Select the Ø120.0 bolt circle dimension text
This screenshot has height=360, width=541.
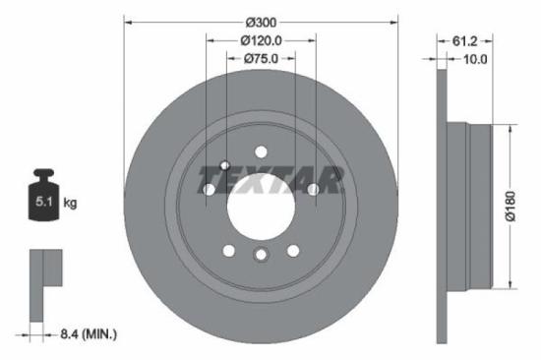click(x=261, y=40)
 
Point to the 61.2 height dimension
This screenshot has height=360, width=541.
click(x=466, y=41)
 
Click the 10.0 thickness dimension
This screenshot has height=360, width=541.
click(x=475, y=59)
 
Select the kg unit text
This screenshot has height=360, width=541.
click(x=70, y=204)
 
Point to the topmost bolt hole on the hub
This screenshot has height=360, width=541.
click(x=261, y=150)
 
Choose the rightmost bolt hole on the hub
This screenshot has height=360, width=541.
click(x=313, y=188)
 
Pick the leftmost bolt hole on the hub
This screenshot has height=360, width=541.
click(x=209, y=188)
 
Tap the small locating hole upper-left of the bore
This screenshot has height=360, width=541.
click(x=225, y=164)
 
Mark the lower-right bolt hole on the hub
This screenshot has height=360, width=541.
click(x=293, y=249)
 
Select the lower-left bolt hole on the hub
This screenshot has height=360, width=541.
click(x=228, y=249)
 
